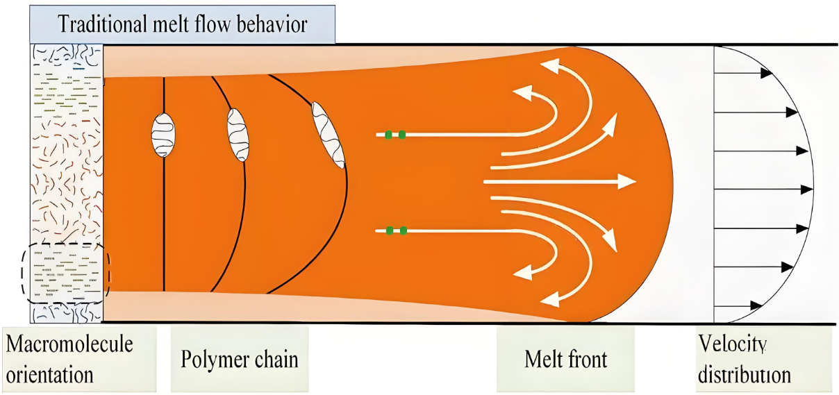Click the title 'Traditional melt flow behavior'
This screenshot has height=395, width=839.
coord(183,26)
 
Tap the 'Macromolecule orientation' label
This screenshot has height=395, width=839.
coord(69,358)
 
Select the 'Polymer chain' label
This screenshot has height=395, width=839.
coord(240,360)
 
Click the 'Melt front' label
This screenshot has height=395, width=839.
coord(565,360)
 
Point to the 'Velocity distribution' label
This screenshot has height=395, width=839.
coord(745,359)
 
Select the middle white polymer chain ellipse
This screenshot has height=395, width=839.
coord(238,135)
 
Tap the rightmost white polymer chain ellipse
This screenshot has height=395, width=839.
coord(329,135)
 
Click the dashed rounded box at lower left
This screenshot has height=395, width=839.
coord(65,272)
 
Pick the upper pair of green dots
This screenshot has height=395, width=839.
coord(395,134)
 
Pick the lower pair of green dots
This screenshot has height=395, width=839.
coord(395,230)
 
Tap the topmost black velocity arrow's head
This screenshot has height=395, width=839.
coord(767,72)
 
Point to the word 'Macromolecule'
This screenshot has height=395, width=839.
coord(69,343)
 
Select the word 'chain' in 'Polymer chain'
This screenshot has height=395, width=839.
coord(274,360)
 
